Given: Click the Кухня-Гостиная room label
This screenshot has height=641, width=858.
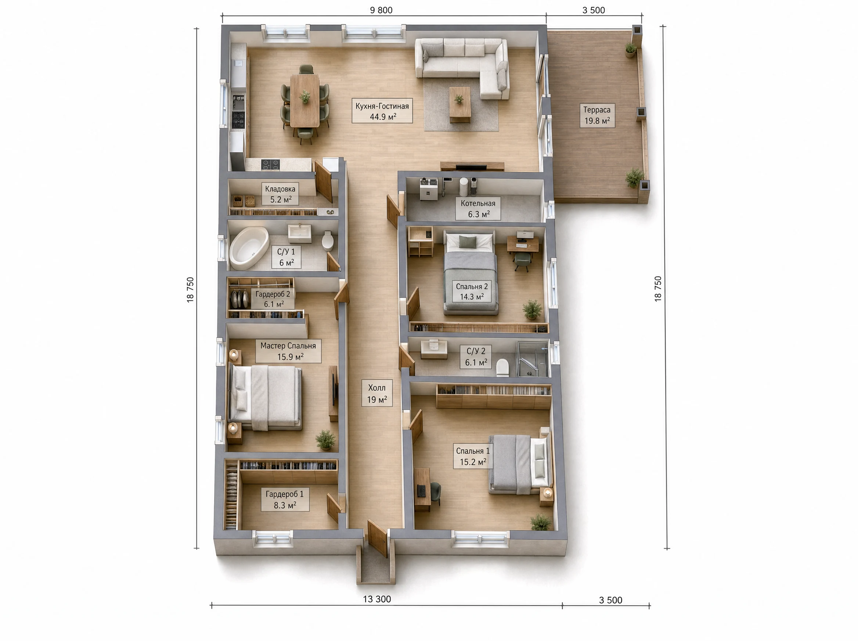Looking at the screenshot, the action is tap(382, 111).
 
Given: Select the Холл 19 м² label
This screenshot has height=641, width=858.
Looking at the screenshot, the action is tap(377, 393).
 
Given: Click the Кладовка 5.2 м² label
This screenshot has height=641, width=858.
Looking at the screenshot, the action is tap(280, 194).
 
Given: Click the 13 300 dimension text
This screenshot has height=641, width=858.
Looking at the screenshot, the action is tap(377, 599).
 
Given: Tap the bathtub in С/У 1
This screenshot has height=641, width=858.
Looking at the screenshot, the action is tap(249, 248).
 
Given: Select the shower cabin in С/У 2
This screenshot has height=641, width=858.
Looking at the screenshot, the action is tap(533, 359).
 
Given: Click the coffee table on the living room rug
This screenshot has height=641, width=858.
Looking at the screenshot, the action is tap(460, 103).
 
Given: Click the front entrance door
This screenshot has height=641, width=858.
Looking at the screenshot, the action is tap(377, 538).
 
